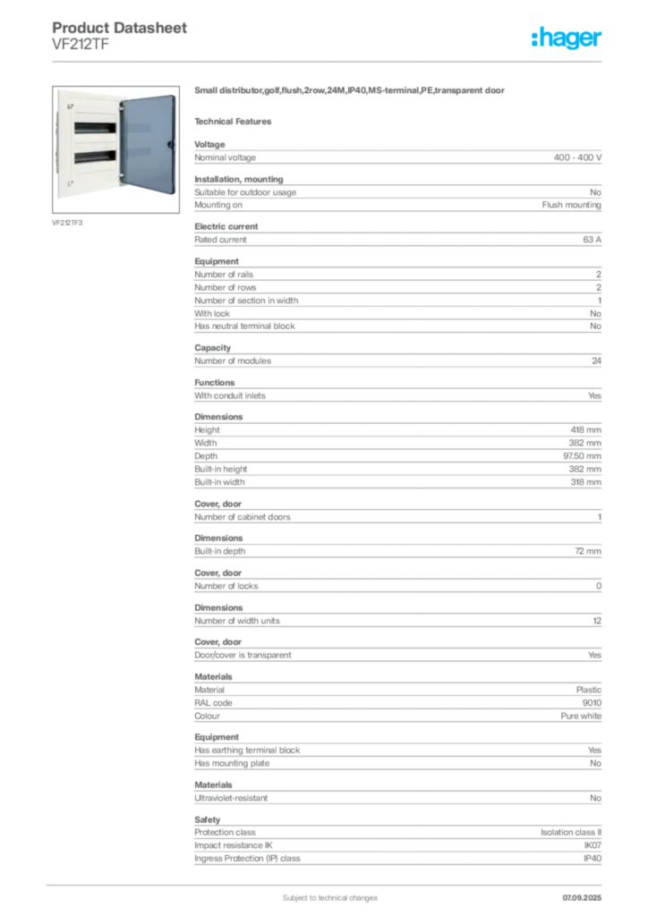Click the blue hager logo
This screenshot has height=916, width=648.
(568, 38)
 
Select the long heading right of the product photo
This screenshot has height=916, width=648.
(351, 92)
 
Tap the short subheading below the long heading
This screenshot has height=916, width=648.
(236, 121)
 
